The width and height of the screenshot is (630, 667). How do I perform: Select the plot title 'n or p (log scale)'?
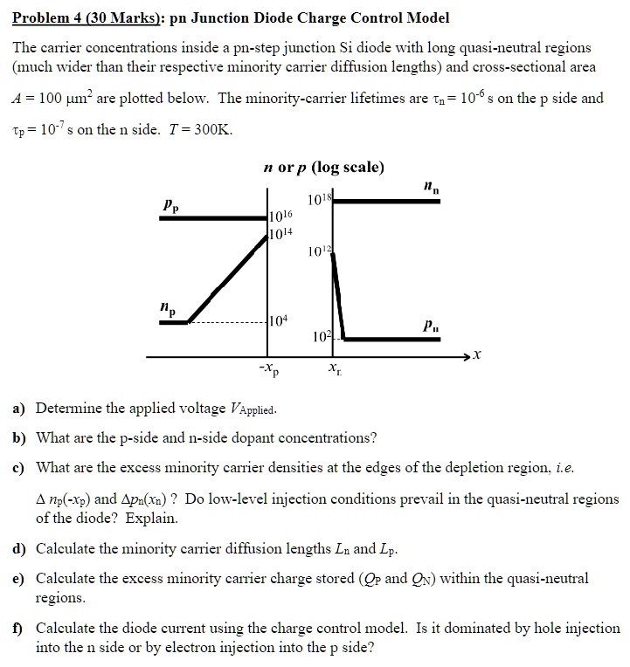pos(322,167)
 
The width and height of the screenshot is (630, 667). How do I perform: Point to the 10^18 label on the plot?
pos(321,195)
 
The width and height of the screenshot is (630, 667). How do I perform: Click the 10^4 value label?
pos(281,320)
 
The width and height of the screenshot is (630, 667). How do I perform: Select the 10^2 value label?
pos(321,337)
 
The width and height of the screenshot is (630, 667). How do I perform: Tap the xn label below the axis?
pos(334,371)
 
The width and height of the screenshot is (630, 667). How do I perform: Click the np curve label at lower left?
pos(167,309)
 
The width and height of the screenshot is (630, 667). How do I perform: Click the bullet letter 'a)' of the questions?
pos(17,409)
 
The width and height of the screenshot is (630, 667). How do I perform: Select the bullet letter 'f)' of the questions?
pos(17,628)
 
